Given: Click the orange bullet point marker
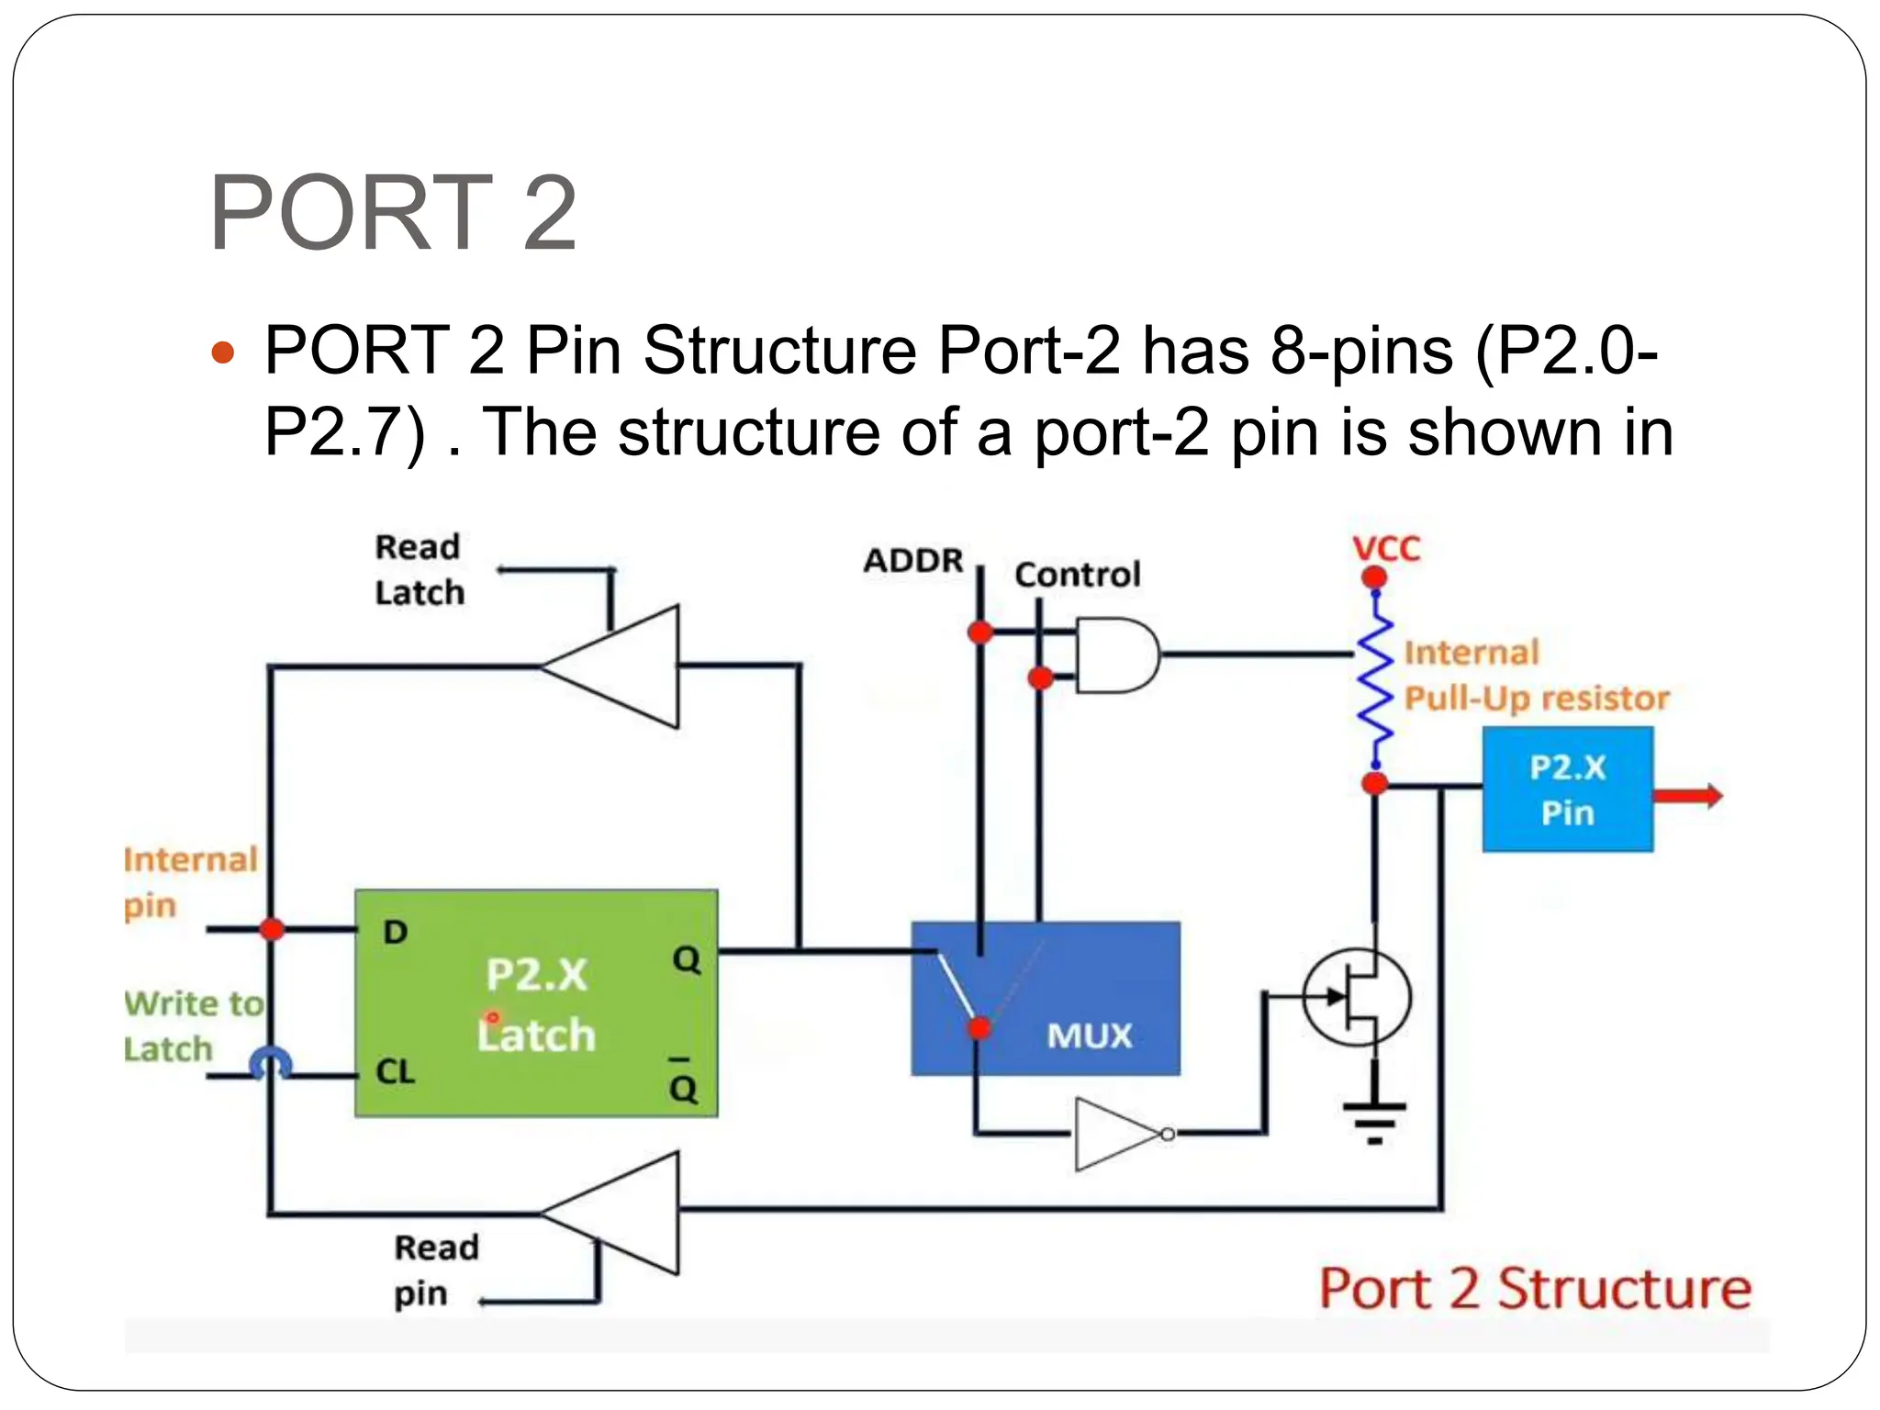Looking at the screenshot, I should pos(223,352).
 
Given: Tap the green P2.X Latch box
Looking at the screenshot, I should pos(536,1002).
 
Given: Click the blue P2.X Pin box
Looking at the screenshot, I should pos(1567,789).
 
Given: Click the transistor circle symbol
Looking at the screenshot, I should pos(1357,998).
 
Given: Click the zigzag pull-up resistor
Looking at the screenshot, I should pos(1375,679).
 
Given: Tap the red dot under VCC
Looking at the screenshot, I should pos(1374,577).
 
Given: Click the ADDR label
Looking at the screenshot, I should pos(913,561).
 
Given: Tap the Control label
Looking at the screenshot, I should pos(1078,576).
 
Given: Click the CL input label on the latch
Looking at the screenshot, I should pos(396,1071).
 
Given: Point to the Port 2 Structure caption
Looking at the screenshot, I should pos(1535,1289).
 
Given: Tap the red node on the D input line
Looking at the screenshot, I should pos(272,929).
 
